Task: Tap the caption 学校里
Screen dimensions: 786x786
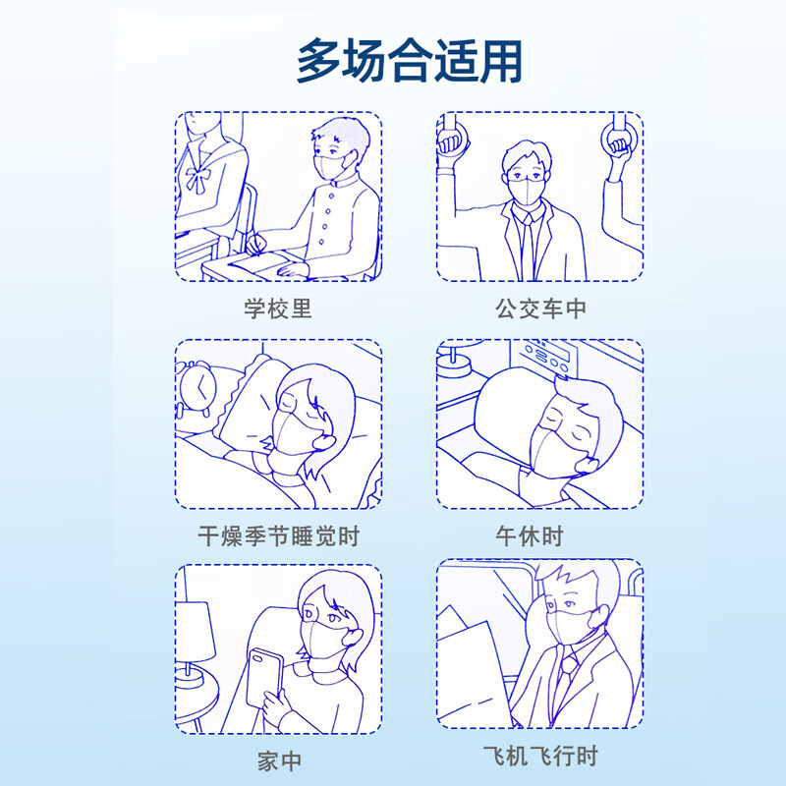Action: (278, 309)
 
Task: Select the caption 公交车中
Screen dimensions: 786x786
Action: (540, 309)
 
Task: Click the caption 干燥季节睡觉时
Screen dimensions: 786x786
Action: (278, 536)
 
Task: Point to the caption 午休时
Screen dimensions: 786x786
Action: (531, 536)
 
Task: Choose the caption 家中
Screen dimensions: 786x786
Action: (278, 761)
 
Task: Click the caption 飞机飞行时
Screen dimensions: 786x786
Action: (540, 758)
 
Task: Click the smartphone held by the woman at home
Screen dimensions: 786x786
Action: (265, 678)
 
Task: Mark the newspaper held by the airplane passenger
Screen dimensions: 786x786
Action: (481, 668)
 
